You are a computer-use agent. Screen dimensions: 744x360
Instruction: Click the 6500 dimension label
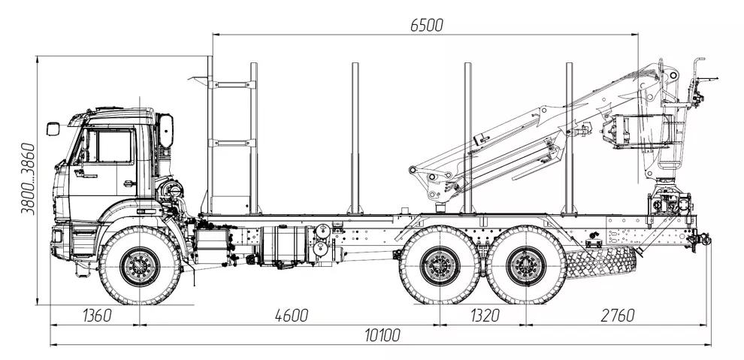coord(427,25)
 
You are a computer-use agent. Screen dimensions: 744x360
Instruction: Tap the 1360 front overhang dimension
coord(97,316)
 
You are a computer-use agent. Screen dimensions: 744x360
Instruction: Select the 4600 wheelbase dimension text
coord(292,316)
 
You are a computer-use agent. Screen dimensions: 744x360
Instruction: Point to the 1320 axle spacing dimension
coord(485,316)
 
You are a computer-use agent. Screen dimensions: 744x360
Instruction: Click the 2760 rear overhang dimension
coord(618,316)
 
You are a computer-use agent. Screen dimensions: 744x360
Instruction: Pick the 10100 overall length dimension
coord(383,335)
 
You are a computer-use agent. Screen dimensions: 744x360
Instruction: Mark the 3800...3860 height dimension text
coord(28,178)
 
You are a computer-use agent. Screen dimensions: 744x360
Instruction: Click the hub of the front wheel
coord(140,266)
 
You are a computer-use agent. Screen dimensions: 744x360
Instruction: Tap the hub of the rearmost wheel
coord(526,265)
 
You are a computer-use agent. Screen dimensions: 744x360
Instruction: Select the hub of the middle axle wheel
coord(440,265)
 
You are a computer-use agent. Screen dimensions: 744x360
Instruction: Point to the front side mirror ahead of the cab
coord(53,129)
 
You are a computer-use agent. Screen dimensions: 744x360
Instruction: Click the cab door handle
coord(128,183)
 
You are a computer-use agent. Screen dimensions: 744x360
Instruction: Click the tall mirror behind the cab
coord(166,131)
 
